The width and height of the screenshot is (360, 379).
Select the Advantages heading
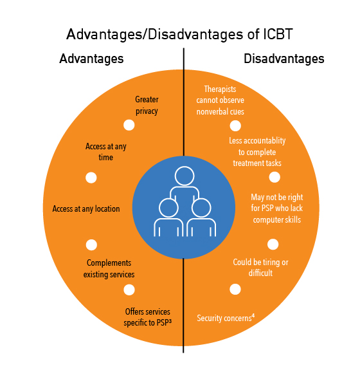click(91, 59)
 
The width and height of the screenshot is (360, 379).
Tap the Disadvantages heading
click(284, 59)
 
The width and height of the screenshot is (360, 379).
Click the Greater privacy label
click(147, 106)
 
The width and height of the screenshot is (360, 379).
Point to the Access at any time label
click(106, 152)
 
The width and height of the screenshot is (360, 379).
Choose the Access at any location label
click(86, 209)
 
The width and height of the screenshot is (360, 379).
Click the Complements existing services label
click(109, 268)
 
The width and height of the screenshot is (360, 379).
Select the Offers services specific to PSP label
click(147, 317)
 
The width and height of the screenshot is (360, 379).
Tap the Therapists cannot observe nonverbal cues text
click(221, 100)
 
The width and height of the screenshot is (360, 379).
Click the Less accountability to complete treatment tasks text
click(257, 152)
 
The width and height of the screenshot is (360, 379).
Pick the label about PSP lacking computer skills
click(277, 208)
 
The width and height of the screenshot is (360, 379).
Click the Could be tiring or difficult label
click(260, 268)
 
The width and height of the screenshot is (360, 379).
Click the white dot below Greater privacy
click(129, 125)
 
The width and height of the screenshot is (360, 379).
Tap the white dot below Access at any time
click(91, 178)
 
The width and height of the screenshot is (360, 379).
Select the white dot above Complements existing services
click(91, 245)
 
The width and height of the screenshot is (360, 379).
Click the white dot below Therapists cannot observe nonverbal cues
click(235, 125)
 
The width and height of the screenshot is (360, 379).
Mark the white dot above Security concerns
click(235, 290)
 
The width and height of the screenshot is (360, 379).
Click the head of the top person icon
click(184, 176)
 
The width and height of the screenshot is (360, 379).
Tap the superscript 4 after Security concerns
click(253, 315)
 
